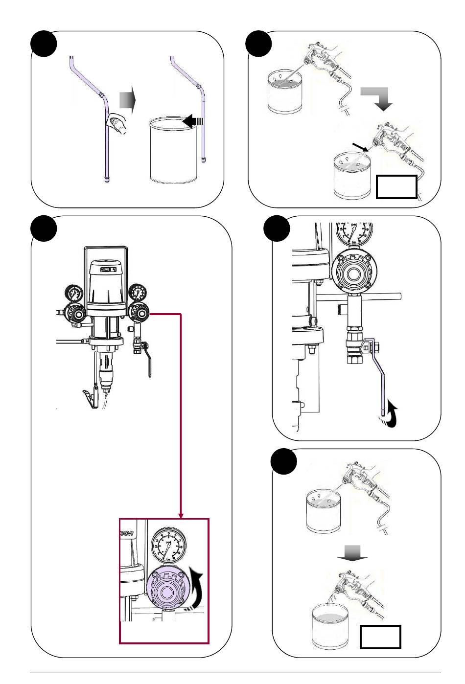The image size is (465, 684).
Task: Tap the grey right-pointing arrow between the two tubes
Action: (x=126, y=101)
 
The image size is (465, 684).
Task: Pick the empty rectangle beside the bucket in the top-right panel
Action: (x=396, y=187)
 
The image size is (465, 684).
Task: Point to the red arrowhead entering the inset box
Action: (x=181, y=515)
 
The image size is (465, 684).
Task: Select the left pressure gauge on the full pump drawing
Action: (x=74, y=294)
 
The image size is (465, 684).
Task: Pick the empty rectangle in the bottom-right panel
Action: (x=380, y=637)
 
